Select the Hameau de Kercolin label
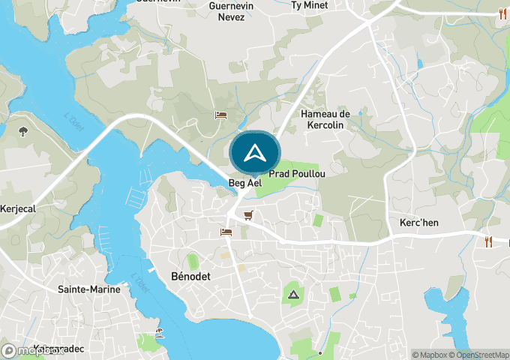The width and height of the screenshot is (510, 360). coord(325,119)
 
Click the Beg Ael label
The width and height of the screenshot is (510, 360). coord(244,182)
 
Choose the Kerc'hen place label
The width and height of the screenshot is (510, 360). coord(413,223)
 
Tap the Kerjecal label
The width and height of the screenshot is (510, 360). coord(18,208)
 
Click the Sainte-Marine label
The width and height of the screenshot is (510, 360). coord(88,289)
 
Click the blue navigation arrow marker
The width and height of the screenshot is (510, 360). coord(255,153)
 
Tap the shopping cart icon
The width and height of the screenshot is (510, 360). coord(248,215)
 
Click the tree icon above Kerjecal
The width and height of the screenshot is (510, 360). coord(24,132)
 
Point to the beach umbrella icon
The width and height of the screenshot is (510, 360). coord(159,332)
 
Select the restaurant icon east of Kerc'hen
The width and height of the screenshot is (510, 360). coord(489,241)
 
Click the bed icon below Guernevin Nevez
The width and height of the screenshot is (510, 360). coord(220,115)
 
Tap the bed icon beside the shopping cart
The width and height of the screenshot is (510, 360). coord(226,232)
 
